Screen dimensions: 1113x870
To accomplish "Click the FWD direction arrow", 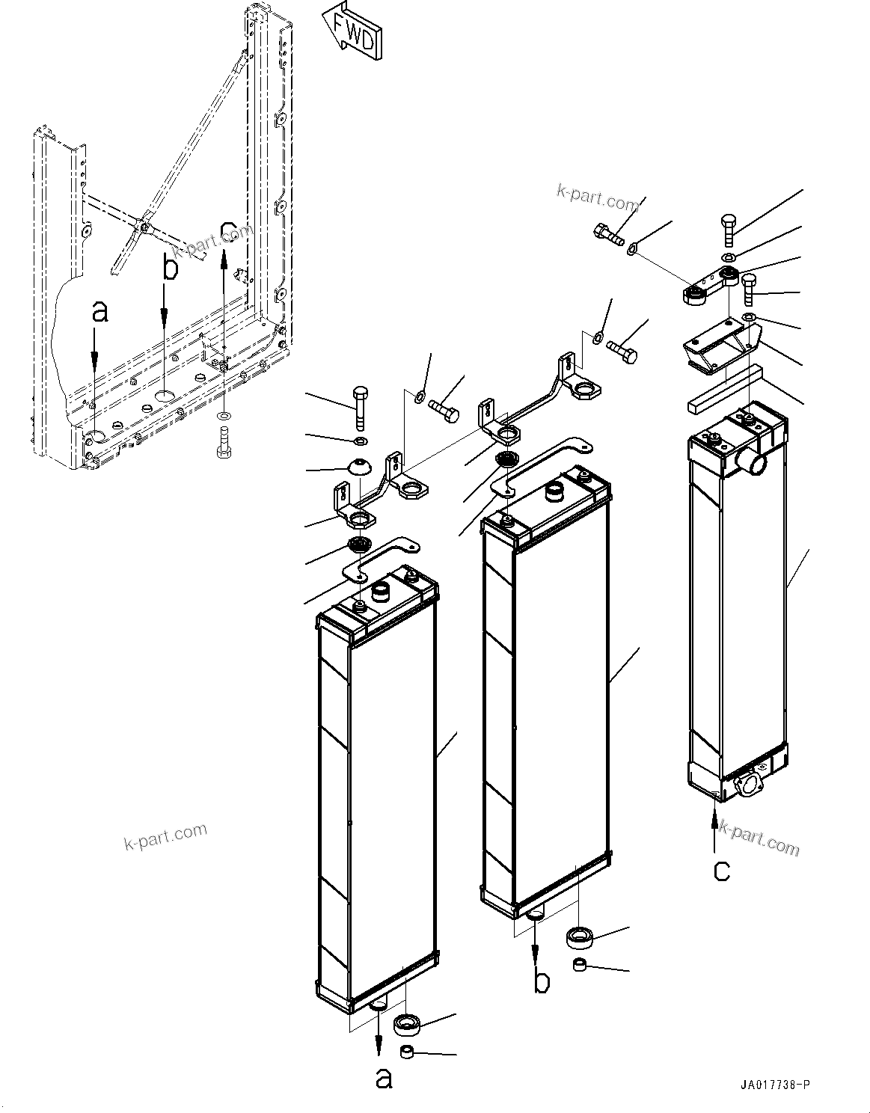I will (x=351, y=31).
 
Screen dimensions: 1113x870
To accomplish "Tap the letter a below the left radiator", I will (x=383, y=1078).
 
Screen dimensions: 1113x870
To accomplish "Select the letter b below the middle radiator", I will (x=542, y=982).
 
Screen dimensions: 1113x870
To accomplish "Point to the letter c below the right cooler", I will (x=721, y=870).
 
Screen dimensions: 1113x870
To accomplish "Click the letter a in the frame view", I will (x=99, y=311).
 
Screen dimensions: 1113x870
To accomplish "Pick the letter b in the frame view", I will (x=171, y=268).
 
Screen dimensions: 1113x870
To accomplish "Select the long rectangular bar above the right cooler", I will (x=723, y=388).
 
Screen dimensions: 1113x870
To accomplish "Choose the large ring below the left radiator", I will (x=408, y=1022).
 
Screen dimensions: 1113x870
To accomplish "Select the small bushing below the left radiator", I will (x=408, y=1053).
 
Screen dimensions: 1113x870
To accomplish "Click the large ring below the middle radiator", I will (x=580, y=936).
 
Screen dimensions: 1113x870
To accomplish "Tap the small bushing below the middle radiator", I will (x=580, y=966).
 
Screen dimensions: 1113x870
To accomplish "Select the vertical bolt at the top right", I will (x=729, y=228).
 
